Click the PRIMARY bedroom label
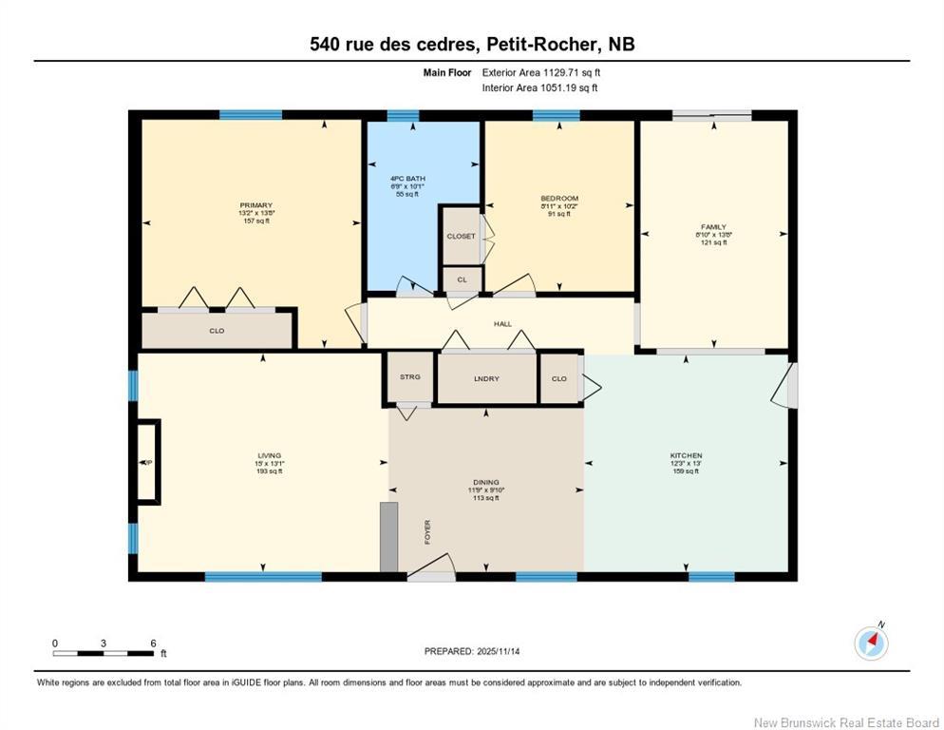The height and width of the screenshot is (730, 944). (x=255, y=205)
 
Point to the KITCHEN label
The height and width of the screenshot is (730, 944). (x=686, y=455)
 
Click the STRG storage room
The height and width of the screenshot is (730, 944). (x=409, y=377)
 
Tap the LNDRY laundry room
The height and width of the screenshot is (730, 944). (x=486, y=378)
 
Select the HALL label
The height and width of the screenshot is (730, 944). (x=502, y=324)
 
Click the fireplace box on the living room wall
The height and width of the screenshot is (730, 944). (x=148, y=462)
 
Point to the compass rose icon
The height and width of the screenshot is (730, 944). (x=870, y=643)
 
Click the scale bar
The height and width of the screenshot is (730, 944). (x=104, y=653)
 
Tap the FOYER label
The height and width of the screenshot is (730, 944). (x=427, y=531)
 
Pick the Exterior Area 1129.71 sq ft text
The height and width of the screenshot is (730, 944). (x=541, y=72)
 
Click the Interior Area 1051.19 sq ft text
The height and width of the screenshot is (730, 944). (x=539, y=88)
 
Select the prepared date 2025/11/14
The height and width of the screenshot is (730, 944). (x=472, y=651)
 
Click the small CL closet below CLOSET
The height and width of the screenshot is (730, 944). (x=463, y=279)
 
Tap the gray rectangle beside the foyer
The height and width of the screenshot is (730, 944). (x=387, y=536)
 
